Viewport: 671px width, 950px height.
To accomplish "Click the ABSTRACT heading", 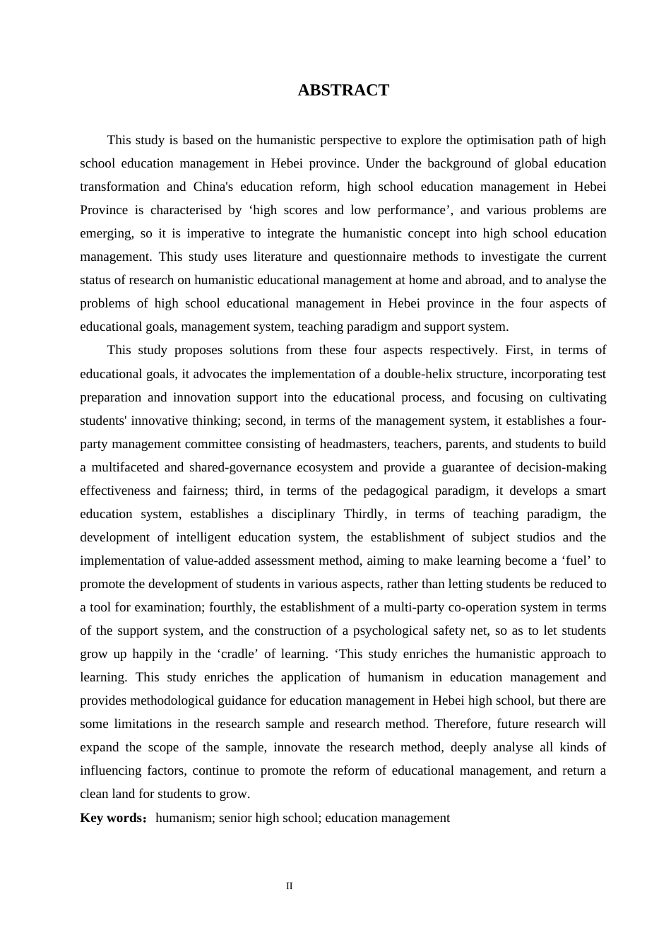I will pos(343,90).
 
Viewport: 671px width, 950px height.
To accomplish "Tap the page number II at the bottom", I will pos(290,886).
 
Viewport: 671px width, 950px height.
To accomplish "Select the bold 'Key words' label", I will pos(112,818).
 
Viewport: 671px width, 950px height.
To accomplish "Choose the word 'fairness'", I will pos(203,491).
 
